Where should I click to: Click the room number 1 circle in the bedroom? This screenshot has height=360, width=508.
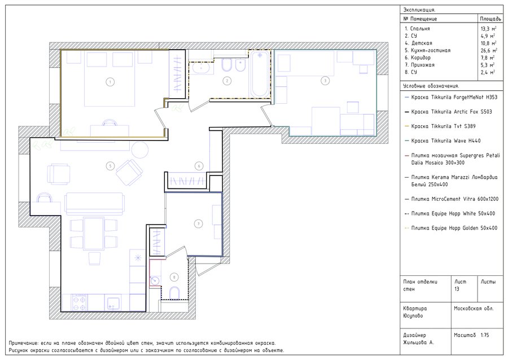click(x=110, y=82)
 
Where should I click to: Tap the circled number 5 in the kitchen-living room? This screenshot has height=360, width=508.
click(x=110, y=166)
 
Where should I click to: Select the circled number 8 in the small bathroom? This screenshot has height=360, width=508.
click(x=174, y=277)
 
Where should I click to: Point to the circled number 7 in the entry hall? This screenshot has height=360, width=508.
click(x=198, y=223)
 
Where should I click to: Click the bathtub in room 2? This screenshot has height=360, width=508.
click(x=260, y=74)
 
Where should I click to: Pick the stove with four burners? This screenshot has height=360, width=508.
click(x=80, y=302)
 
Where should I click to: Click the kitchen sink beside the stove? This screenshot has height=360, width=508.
click(x=112, y=302)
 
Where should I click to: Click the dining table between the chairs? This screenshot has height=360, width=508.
click(x=93, y=234)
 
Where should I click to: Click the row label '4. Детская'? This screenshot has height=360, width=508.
click(x=418, y=43)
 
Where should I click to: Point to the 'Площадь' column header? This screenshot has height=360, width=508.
click(x=491, y=19)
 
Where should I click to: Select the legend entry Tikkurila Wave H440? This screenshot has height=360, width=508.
click(x=446, y=141)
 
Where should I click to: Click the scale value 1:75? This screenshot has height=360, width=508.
click(x=485, y=335)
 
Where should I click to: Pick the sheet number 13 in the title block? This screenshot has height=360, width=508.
click(x=457, y=289)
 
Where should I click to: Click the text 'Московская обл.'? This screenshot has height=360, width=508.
click(x=474, y=309)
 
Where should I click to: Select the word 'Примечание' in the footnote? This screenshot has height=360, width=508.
click(x=23, y=343)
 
